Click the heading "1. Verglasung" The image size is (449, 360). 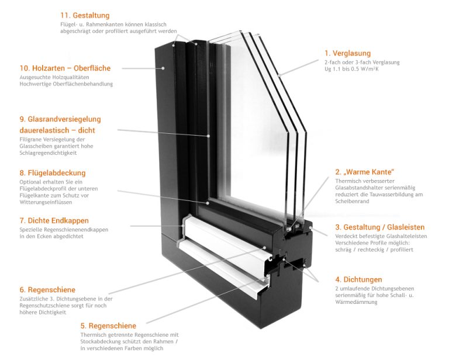click(x=347, y=53)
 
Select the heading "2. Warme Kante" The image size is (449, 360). click(x=365, y=172)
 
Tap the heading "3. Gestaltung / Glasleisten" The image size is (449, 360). click(x=379, y=227)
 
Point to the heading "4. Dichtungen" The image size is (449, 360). click(x=358, y=279)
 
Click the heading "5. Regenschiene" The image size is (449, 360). click(x=108, y=326)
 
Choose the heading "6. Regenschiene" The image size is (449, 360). click(x=47, y=290)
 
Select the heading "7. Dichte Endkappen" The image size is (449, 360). click(x=54, y=221)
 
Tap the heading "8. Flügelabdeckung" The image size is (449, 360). click(x=53, y=173)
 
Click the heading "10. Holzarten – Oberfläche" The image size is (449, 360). click(x=65, y=68)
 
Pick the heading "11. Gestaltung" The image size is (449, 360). click(x=85, y=15)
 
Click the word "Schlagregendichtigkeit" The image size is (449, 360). click(x=48, y=153)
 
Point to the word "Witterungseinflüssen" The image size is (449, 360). click(x=46, y=202)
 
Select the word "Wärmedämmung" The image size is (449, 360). click(x=356, y=302)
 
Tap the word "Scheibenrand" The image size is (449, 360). click(x=352, y=201)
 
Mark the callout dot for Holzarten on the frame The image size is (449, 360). click(x=163, y=68)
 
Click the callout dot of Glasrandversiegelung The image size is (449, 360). click(x=209, y=136)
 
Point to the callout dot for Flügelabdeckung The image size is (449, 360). click(x=208, y=203)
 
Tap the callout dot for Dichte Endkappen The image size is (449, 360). click(x=183, y=226)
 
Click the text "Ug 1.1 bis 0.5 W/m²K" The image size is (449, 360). click(x=351, y=69)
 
